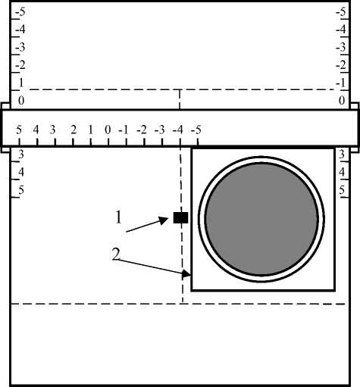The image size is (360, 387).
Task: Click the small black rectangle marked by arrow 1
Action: pos(180,217)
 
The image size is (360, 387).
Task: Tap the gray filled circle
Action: pos(261,219)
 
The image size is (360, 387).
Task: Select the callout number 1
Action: pos(118,217)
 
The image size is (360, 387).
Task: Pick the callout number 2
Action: pos(116,254)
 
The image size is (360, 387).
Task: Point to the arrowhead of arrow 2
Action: pos(187,274)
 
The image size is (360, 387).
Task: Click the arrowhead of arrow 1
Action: pos(164,220)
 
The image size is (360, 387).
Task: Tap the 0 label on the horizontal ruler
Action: pos(108,130)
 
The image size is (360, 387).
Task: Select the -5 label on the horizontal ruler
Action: pos(196,130)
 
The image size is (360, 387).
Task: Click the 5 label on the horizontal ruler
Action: pos(19,130)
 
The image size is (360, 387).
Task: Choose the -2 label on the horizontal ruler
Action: pos(142,130)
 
